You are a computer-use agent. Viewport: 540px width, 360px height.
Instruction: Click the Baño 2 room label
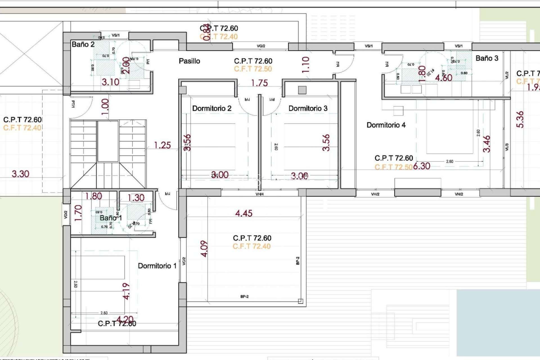[83, 44]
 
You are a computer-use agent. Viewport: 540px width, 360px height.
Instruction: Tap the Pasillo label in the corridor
[189, 61]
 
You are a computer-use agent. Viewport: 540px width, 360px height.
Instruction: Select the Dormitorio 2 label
[211, 108]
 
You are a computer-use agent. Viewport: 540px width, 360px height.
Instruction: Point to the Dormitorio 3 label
[308, 108]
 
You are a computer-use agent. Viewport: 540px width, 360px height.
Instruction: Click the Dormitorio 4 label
[386, 125]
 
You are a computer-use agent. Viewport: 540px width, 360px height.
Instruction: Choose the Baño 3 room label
[487, 58]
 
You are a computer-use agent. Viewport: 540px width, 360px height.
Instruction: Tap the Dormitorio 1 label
[157, 266]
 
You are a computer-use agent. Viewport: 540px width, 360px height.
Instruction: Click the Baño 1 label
[111, 218]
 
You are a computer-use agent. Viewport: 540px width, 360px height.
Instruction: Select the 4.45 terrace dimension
[244, 213]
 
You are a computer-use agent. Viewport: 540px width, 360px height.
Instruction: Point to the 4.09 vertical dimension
[204, 249]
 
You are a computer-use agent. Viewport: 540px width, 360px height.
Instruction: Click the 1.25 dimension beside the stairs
[162, 145]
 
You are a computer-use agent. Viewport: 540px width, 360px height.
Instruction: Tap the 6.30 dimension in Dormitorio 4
[422, 166]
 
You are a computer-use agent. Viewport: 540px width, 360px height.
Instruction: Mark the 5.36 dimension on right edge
[520, 120]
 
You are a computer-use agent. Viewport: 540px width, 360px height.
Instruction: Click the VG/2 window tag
[261, 46]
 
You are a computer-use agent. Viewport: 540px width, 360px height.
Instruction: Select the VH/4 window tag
[259, 194]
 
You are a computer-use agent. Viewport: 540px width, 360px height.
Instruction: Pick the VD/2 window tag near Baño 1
[66, 215]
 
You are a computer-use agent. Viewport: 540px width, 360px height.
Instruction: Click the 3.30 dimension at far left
[20, 174]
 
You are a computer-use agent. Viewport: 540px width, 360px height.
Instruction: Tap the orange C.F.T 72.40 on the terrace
[251, 246]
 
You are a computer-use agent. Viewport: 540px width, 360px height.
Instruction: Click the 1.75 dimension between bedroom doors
[259, 83]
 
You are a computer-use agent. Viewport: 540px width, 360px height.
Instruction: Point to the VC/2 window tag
[184, 261]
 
